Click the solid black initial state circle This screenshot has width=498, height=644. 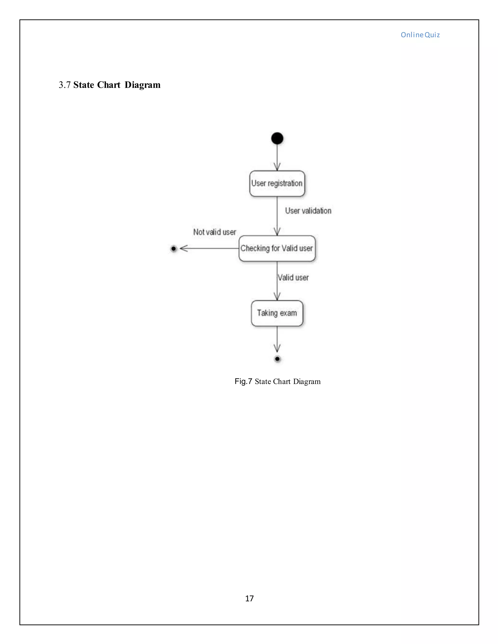coord(277,138)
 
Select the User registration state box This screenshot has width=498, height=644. coord(277,183)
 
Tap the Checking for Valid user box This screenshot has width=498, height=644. coord(277,248)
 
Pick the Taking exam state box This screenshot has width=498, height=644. coord(277,313)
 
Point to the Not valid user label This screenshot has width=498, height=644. coord(214,232)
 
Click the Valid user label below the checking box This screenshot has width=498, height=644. coord(293,278)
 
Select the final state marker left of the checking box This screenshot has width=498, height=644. coord(173,249)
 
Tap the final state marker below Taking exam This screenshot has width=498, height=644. coord(277,359)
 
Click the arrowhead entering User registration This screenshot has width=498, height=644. coord(277,167)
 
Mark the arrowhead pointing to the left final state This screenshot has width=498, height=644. coord(184,249)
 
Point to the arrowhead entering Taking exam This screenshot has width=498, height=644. coord(277,296)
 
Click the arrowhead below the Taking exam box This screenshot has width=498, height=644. coord(277,348)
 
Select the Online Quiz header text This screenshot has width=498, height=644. coord(420,35)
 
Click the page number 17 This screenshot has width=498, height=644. coord(249,598)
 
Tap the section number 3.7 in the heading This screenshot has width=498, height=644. coord(65,85)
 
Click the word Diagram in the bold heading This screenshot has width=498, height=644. coord(142,85)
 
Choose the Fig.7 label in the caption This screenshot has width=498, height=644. coord(243,381)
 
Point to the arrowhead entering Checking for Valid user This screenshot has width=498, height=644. coord(277,231)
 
